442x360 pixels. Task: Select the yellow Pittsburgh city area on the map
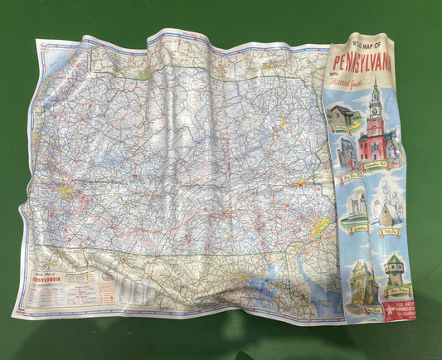(x=66, y=192)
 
